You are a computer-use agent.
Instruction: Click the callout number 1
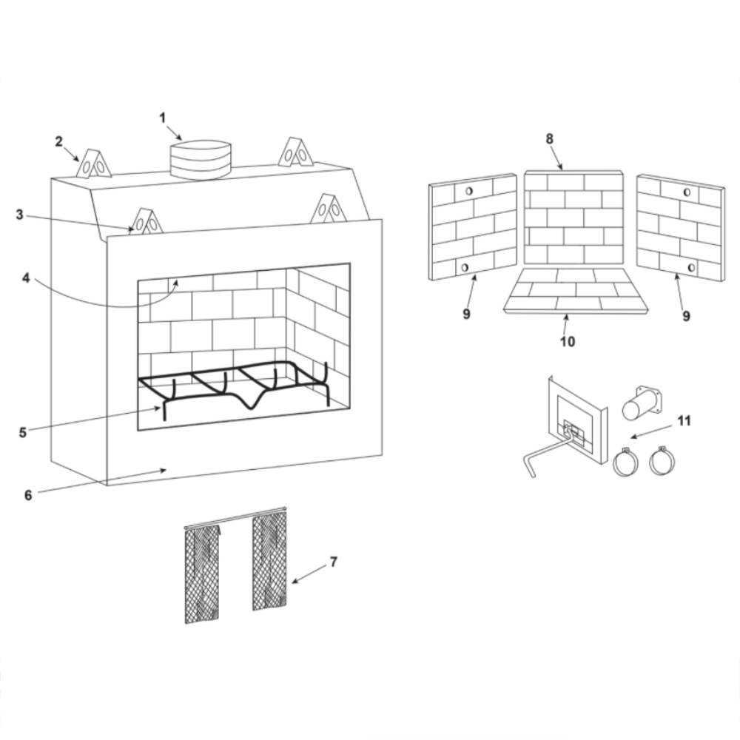point(163,118)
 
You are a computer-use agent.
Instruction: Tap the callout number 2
point(58,141)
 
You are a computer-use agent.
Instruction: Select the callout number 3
point(19,215)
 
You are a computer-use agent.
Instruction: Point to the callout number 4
point(26,278)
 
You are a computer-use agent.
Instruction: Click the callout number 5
point(23,432)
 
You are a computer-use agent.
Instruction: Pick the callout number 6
point(28,495)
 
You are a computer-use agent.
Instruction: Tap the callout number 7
point(334,562)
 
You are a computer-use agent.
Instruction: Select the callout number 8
point(549,139)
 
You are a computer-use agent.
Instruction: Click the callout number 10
point(568,341)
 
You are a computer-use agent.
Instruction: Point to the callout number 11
point(684,420)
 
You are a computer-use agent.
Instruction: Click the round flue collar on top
point(201,160)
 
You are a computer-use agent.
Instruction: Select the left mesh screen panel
point(202,574)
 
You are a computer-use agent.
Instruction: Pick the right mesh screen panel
point(269,561)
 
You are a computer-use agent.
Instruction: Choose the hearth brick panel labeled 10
point(576,291)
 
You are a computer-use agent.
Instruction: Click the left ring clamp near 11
point(626,460)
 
